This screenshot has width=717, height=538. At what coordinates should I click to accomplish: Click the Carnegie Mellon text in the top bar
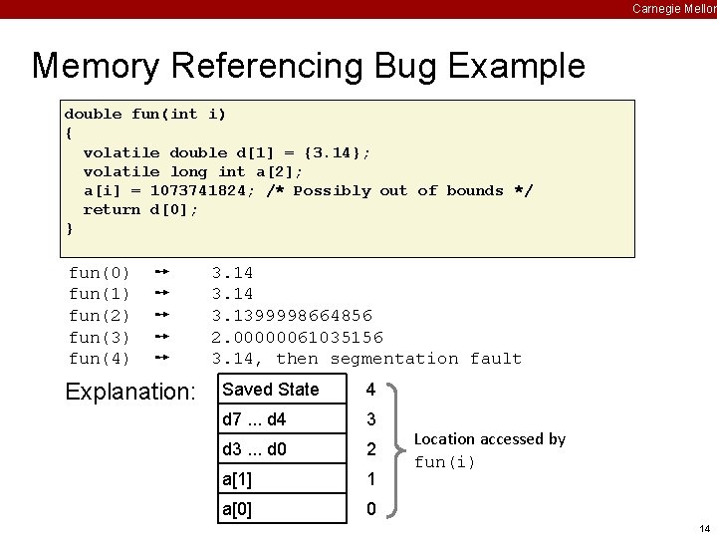[673, 9]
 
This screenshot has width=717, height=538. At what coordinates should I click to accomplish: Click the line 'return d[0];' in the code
[140, 209]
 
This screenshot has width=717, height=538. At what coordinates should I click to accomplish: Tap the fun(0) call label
[99, 272]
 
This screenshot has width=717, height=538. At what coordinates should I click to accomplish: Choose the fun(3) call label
[99, 337]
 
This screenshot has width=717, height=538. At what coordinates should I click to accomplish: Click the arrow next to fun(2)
[165, 316]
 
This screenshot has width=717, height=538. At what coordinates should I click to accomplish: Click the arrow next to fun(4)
[165, 359]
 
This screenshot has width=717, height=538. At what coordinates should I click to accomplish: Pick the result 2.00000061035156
[297, 337]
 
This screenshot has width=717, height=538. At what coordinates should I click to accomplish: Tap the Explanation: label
[130, 392]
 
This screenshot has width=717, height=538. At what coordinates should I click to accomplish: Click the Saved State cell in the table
[271, 390]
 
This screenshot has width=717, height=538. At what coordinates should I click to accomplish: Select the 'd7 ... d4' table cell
[256, 419]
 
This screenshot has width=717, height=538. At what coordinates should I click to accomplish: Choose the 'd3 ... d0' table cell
[255, 449]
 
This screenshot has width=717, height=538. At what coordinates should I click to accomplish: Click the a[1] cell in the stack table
[237, 479]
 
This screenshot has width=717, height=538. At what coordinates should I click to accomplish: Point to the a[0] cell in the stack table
[237, 509]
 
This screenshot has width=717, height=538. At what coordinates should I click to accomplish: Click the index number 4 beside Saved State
[370, 390]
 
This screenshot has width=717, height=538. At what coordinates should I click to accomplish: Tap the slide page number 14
[704, 528]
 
